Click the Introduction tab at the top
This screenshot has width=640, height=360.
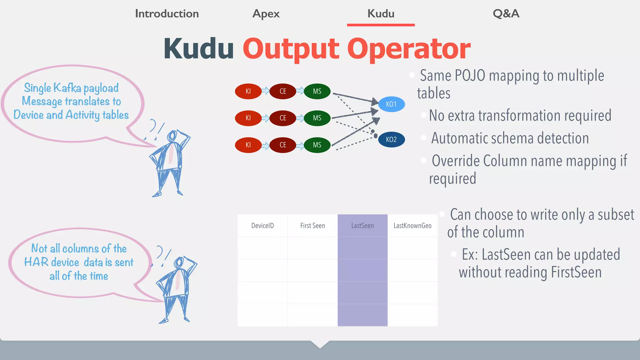[x=167, y=14]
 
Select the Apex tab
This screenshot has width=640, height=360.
[x=266, y=14]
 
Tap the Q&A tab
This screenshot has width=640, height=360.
[x=506, y=14]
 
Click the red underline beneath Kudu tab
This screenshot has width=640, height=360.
[x=381, y=25]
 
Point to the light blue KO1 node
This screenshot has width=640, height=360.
[x=391, y=104]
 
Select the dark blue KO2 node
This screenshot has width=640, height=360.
[x=391, y=139]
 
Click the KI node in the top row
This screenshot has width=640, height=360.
[x=248, y=91]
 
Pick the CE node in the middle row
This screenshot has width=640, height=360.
[x=282, y=118]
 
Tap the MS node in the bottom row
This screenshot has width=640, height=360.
[x=317, y=145]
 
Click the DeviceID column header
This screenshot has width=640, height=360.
[x=262, y=226]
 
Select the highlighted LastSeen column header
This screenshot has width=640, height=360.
[x=362, y=226]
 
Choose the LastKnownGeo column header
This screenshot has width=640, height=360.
[x=412, y=226]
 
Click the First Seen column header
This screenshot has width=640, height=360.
[x=312, y=226]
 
